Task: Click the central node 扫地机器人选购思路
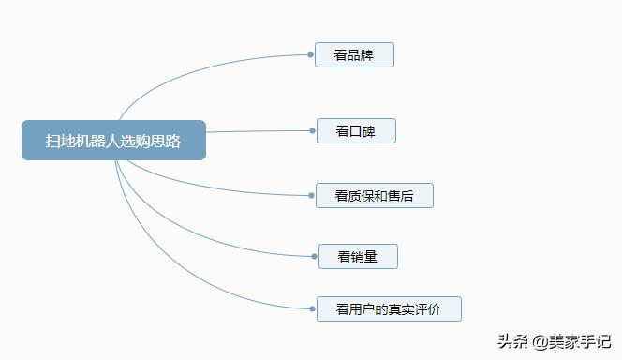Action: click(x=113, y=140)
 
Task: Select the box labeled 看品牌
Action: click(x=354, y=55)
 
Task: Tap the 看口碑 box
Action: click(x=356, y=131)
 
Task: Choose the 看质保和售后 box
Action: click(x=374, y=196)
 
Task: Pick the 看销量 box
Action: click(x=358, y=256)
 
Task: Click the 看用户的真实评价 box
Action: click(x=388, y=307)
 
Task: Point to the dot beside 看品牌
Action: click(x=311, y=55)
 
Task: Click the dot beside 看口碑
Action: click(x=311, y=131)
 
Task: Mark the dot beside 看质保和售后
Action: click(x=311, y=196)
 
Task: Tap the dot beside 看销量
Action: click(x=311, y=256)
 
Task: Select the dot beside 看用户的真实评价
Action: click(x=311, y=307)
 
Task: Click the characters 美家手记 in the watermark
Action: click(x=580, y=340)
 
